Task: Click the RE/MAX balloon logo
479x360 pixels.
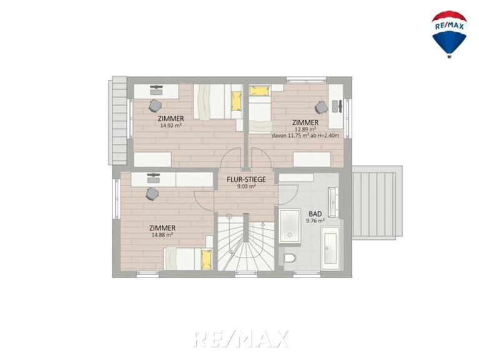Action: (x=449, y=34)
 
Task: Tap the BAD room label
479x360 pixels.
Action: (x=315, y=214)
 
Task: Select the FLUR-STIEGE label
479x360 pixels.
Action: (x=246, y=180)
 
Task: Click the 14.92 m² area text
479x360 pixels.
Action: (x=170, y=125)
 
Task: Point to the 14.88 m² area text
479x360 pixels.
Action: (x=162, y=235)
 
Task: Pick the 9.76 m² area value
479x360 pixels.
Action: (x=315, y=221)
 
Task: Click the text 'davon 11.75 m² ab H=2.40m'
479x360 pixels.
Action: (x=305, y=136)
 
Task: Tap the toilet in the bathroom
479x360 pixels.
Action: (x=290, y=259)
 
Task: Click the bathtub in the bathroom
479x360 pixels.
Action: (x=330, y=248)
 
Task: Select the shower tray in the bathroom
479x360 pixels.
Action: (x=289, y=226)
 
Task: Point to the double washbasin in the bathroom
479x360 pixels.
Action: (x=333, y=202)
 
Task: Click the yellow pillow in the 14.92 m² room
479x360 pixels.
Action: (x=236, y=101)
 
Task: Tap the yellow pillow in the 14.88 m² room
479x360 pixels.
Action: (x=206, y=259)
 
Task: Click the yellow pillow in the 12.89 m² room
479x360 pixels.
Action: (x=260, y=91)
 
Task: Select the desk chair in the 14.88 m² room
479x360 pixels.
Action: (x=152, y=194)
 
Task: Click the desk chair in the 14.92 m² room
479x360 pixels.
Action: (x=155, y=106)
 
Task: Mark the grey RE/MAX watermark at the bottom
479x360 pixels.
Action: (x=240, y=339)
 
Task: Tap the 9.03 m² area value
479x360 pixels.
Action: (x=246, y=186)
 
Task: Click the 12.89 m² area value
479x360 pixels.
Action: (x=305, y=129)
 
